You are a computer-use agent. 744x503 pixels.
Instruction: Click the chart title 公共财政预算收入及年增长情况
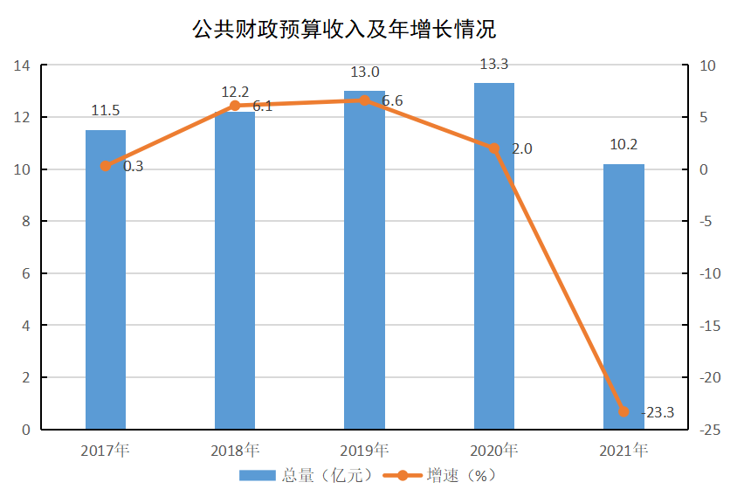tap(344, 30)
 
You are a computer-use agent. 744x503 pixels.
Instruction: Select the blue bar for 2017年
tap(106, 279)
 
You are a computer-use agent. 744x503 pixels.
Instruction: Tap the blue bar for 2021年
tap(623, 297)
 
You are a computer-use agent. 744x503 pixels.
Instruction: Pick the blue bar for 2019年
tap(364, 260)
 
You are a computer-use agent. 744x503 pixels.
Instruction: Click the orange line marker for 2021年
tap(623, 411)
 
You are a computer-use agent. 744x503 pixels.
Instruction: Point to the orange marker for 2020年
tap(493, 148)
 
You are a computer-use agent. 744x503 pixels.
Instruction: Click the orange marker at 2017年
tap(106, 166)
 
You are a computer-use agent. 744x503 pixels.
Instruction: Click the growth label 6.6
tap(392, 101)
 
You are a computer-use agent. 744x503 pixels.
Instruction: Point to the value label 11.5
tap(106, 111)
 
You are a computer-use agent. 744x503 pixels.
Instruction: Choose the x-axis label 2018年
tap(235, 451)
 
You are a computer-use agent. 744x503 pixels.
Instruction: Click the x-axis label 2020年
tap(493, 451)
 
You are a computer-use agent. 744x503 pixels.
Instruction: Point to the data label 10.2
tap(623, 145)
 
